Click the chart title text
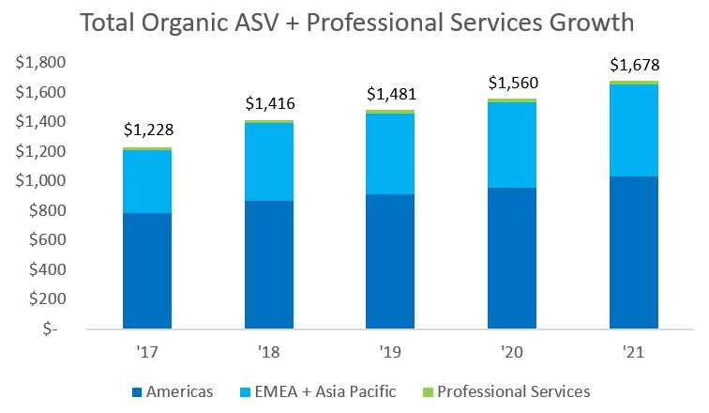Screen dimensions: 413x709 (x=357, y=23)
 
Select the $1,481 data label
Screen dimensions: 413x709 (x=390, y=94)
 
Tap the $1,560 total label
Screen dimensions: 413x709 (x=512, y=82)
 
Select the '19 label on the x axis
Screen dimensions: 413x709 (x=390, y=353)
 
